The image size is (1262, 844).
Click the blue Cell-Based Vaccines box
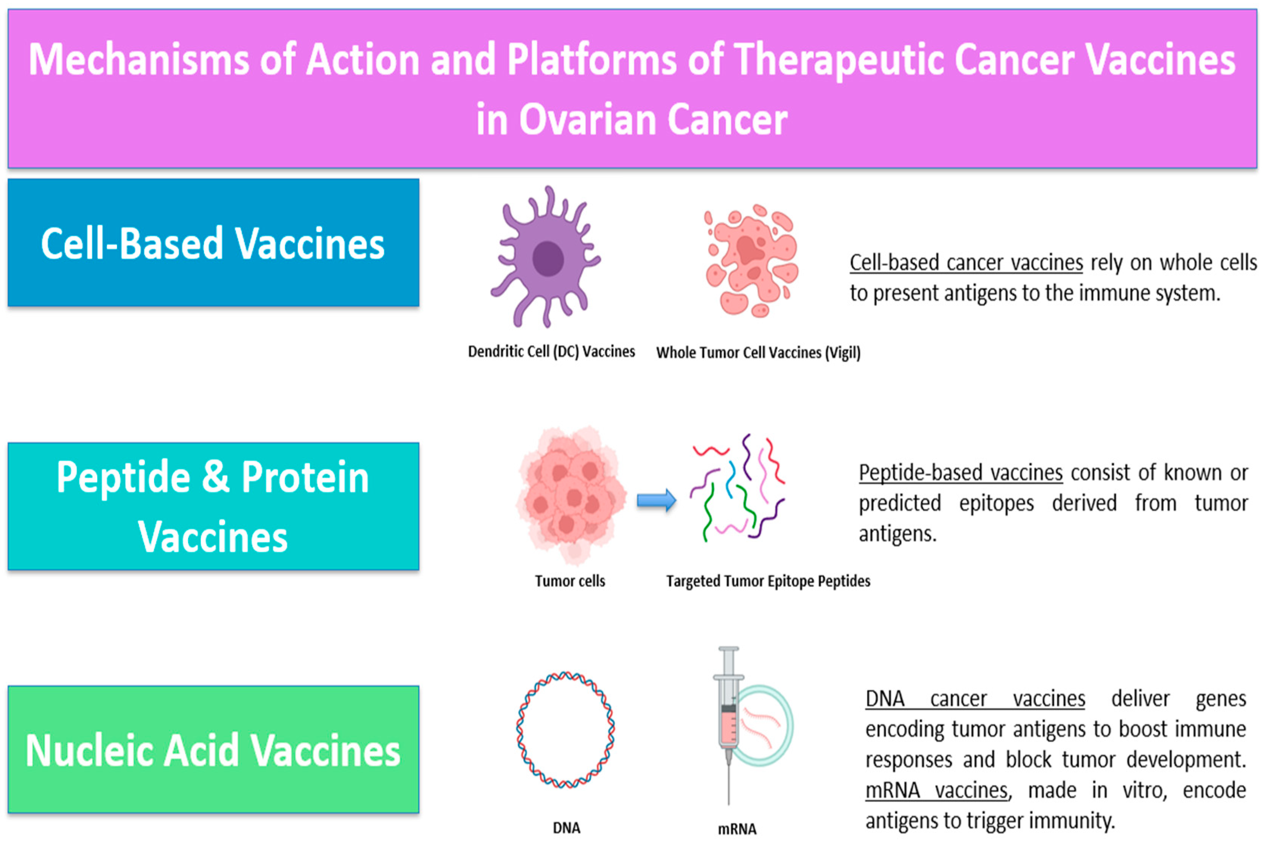[x=213, y=243]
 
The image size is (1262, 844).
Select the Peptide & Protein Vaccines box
[x=213, y=506]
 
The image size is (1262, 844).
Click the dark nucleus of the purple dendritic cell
[x=548, y=259]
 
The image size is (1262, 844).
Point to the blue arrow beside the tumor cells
[x=656, y=500]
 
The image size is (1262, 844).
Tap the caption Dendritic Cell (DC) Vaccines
[x=551, y=352]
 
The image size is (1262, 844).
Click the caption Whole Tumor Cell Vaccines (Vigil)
[x=758, y=353]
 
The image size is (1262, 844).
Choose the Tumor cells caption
[x=570, y=581]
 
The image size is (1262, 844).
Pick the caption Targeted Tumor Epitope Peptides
[x=768, y=581]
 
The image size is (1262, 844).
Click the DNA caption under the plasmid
[x=566, y=828]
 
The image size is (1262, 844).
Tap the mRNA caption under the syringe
[x=737, y=829]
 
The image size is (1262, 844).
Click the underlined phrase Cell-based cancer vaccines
[x=966, y=263]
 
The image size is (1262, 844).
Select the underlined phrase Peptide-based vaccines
[x=961, y=473]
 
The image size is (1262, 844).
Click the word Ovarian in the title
[x=588, y=120]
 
